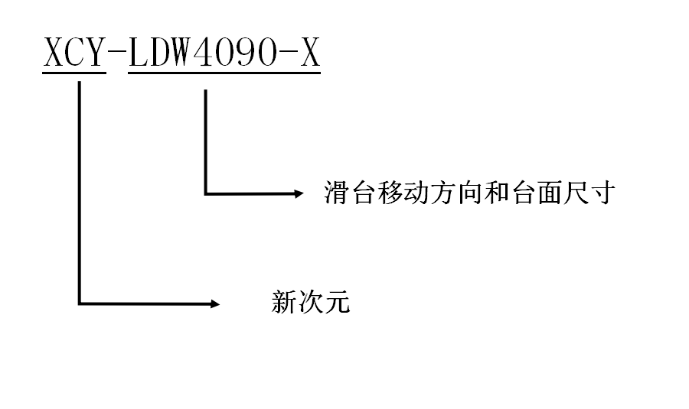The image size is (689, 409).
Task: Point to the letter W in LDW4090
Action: point(181,53)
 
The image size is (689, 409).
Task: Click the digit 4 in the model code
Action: point(202,53)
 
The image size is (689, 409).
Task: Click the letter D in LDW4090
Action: point(160,53)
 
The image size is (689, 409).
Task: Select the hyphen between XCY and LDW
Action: point(117,54)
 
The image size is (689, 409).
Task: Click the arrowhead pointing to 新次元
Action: point(214,304)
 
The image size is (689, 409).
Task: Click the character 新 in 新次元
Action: point(284,303)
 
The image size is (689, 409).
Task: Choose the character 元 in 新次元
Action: point(338,303)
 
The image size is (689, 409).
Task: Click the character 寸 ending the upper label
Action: point(603,193)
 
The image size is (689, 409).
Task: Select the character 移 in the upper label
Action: point(391,193)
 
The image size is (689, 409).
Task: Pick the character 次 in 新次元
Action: point(311,303)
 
